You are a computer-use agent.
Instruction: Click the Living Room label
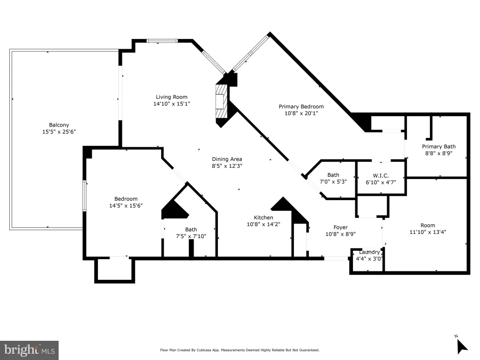coord(172,97)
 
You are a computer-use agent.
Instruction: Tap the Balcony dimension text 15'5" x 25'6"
coord(59,132)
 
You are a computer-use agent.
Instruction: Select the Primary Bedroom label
coord(301,106)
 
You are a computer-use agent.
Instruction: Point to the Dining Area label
coord(227,159)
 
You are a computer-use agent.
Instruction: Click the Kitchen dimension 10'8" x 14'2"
coord(263,224)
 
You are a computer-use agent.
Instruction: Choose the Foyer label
coord(340,227)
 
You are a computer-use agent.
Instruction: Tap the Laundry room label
coord(369,252)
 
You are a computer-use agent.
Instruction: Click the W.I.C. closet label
coord(381,176)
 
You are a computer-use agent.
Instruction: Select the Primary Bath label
coord(439,147)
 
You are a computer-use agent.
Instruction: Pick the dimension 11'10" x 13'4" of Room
coord(427,232)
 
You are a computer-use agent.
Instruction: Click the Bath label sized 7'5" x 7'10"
coord(191,230)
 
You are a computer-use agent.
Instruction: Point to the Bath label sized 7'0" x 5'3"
coord(333,175)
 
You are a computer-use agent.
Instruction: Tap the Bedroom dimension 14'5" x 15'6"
coord(126,206)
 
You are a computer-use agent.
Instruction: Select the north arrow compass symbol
coord(462,346)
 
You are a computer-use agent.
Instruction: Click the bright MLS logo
coord(30,350)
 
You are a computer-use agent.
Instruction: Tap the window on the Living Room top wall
coord(162,41)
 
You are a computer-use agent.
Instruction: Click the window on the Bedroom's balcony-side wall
coord(84,196)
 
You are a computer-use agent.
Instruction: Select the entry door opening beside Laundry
coord(336,258)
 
